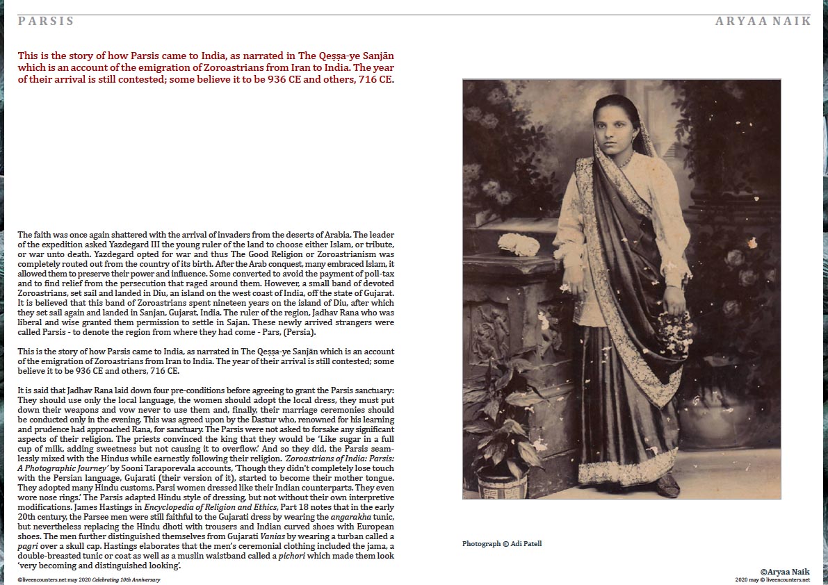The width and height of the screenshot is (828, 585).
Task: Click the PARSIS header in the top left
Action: coord(46,21)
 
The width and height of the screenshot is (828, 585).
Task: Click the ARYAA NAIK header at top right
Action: coord(763,21)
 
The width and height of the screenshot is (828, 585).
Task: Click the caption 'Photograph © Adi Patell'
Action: coord(502,543)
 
